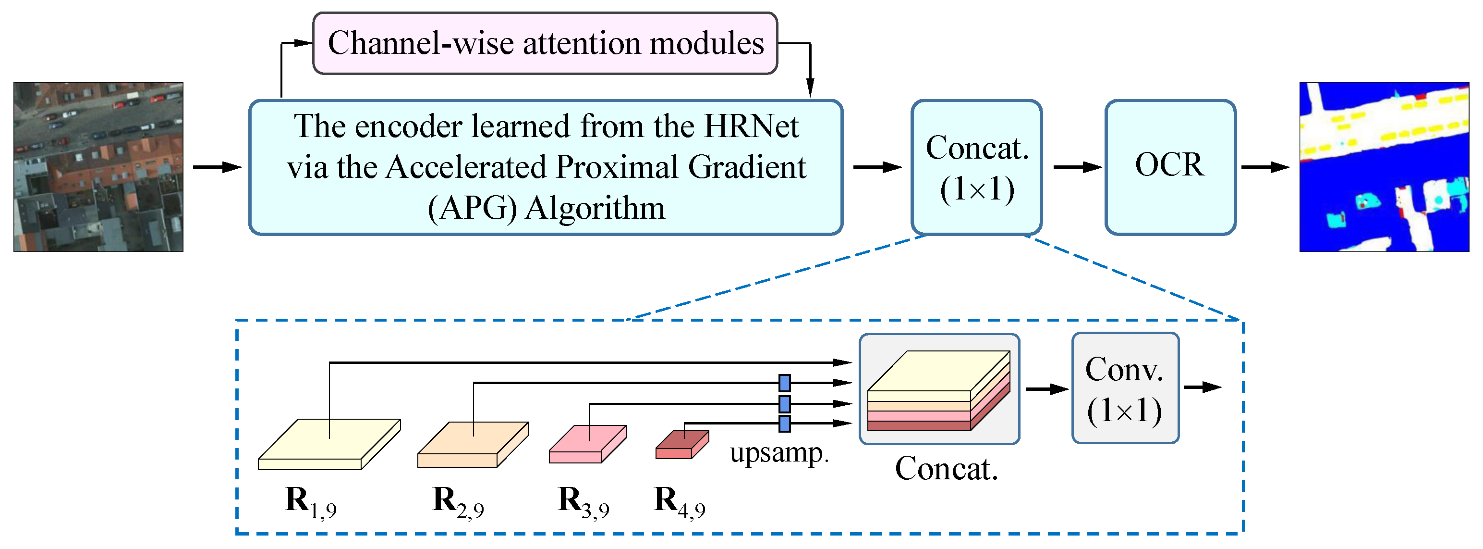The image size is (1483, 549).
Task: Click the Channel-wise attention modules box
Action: [x=545, y=43]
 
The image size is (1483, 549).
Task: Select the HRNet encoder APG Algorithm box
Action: [x=546, y=167]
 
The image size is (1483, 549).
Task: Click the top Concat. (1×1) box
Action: [x=976, y=167]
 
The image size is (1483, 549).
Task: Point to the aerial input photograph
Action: [x=98, y=167]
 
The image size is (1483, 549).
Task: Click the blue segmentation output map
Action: [x=1384, y=167]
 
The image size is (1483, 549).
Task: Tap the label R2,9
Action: [x=458, y=501]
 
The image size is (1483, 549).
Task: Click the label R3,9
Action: [x=583, y=501]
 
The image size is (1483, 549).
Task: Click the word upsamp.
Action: [x=779, y=453]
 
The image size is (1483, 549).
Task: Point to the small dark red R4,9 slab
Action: [x=681, y=445]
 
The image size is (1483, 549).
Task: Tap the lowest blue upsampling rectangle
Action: [x=784, y=424]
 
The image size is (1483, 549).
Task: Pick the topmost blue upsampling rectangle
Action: [x=784, y=383]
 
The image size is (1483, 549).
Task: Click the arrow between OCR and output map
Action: [x=1265, y=167]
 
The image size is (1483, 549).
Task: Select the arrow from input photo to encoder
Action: [x=217, y=167]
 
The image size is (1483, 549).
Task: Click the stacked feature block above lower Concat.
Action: [x=938, y=390]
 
